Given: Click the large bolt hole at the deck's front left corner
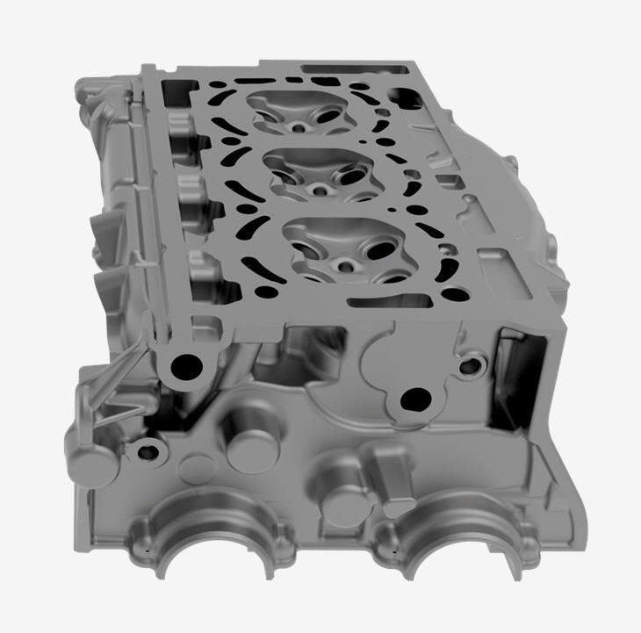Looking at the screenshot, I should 185,366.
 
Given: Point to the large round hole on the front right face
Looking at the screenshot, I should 411,401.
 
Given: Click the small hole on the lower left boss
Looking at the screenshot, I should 145,453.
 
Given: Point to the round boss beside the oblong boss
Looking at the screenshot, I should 339,500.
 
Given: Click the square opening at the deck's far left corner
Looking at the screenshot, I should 180,88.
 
